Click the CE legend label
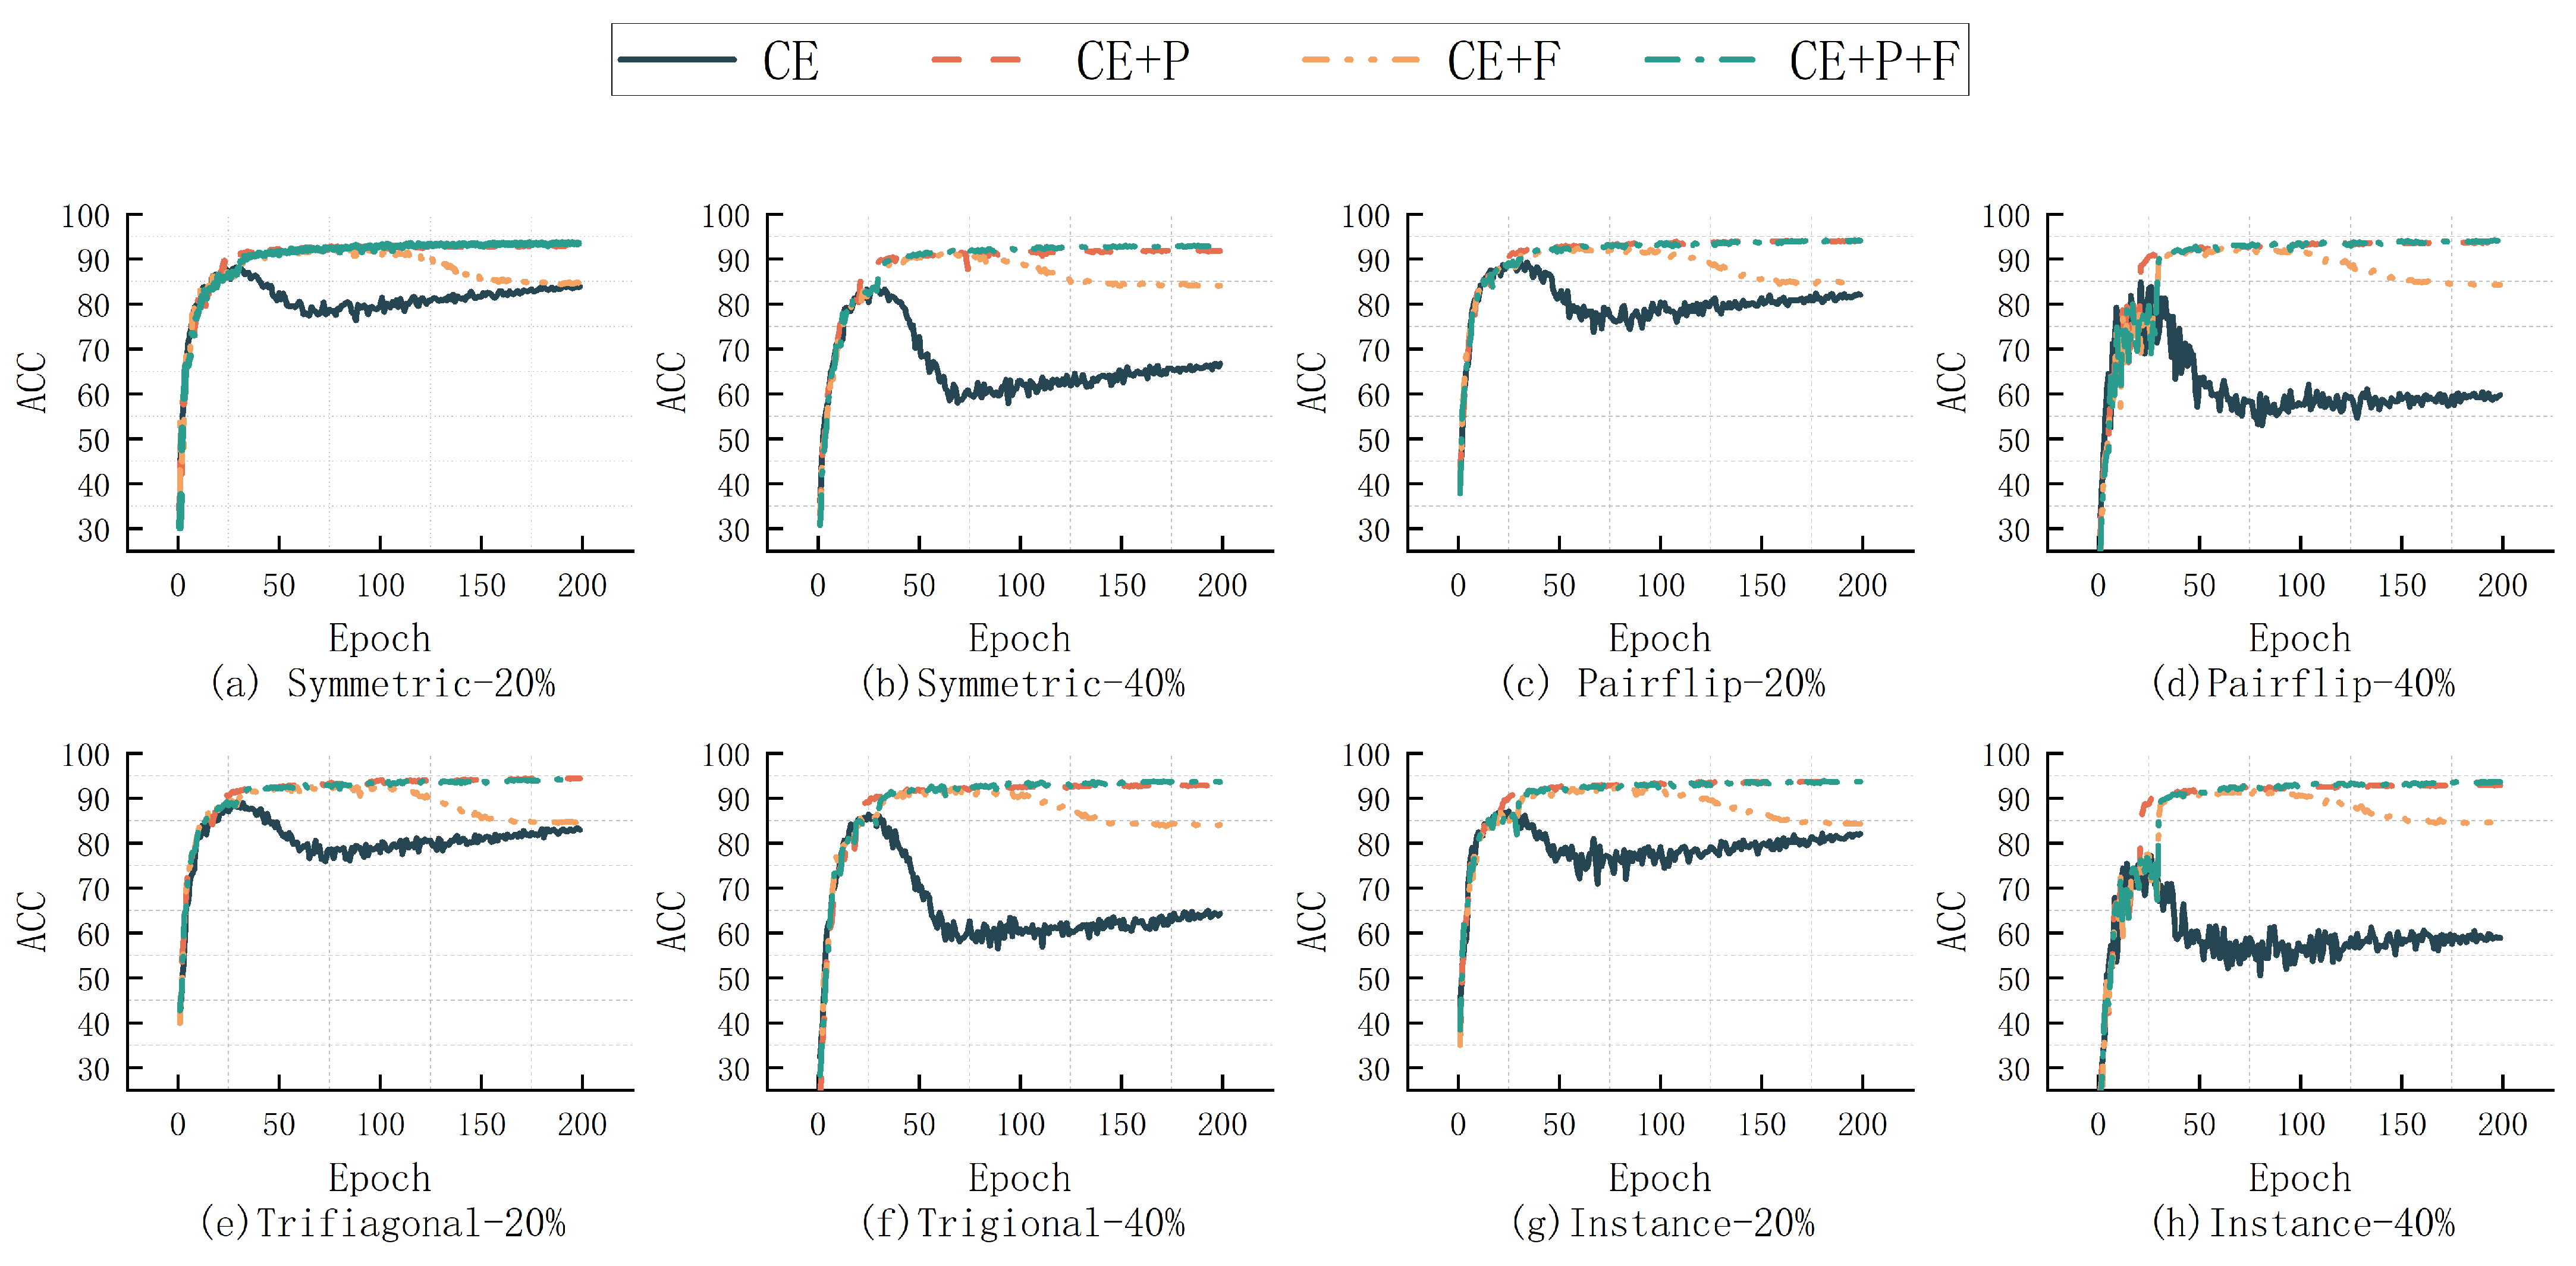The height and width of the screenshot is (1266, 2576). coord(790,61)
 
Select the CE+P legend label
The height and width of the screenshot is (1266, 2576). coord(1132,61)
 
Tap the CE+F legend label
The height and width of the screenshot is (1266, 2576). coord(1503,61)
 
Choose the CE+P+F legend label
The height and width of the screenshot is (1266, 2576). coord(1873,61)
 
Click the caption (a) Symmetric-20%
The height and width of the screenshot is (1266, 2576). coord(382,684)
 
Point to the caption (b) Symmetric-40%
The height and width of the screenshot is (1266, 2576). coord(1022,684)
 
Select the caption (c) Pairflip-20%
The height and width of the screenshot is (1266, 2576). coord(1662,684)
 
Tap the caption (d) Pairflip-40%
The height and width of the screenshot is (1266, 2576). coord(2302,684)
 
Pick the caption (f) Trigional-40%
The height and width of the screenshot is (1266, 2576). coord(1022,1223)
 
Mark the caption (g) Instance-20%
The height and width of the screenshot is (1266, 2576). coord(1662,1223)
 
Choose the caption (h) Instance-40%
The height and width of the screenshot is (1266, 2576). coord(2302,1223)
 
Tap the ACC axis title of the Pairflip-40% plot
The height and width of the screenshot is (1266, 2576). coord(1951,382)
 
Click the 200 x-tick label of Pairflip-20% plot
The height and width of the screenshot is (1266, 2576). coord(1862,586)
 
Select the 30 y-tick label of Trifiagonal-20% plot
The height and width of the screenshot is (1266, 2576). coord(94,1070)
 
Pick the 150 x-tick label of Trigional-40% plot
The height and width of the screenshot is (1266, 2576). coord(1121,1125)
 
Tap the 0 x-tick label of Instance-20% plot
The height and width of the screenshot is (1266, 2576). coord(1458,1125)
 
